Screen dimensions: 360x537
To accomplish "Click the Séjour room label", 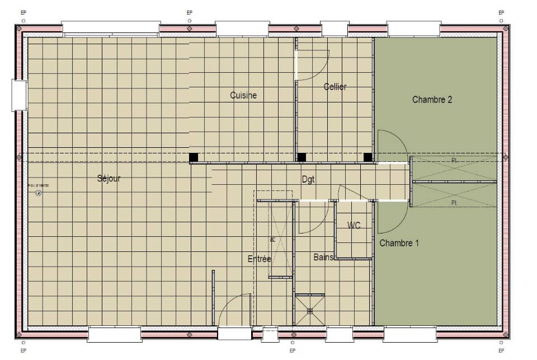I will (109, 179).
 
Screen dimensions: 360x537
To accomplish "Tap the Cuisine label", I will (243, 95).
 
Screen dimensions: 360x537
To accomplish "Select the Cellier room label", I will (335, 87).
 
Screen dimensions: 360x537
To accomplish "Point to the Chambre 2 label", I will (432, 100).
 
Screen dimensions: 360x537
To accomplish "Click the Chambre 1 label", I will (399, 243).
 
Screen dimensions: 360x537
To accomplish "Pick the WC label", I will (354, 226).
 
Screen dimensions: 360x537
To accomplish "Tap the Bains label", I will (323, 257).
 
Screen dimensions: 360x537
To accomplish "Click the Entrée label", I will (260, 259).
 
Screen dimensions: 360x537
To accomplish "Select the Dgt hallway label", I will (308, 180).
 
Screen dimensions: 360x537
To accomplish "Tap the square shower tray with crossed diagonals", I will (310, 310).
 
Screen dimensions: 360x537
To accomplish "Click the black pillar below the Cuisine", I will (194, 157).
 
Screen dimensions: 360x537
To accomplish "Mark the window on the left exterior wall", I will (20, 95).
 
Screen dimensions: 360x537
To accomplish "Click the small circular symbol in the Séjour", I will (38, 193).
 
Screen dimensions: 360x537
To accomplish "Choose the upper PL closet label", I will (454, 161).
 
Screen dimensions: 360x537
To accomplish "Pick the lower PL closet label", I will (454, 202).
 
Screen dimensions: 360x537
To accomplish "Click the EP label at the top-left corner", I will (23, 12).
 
